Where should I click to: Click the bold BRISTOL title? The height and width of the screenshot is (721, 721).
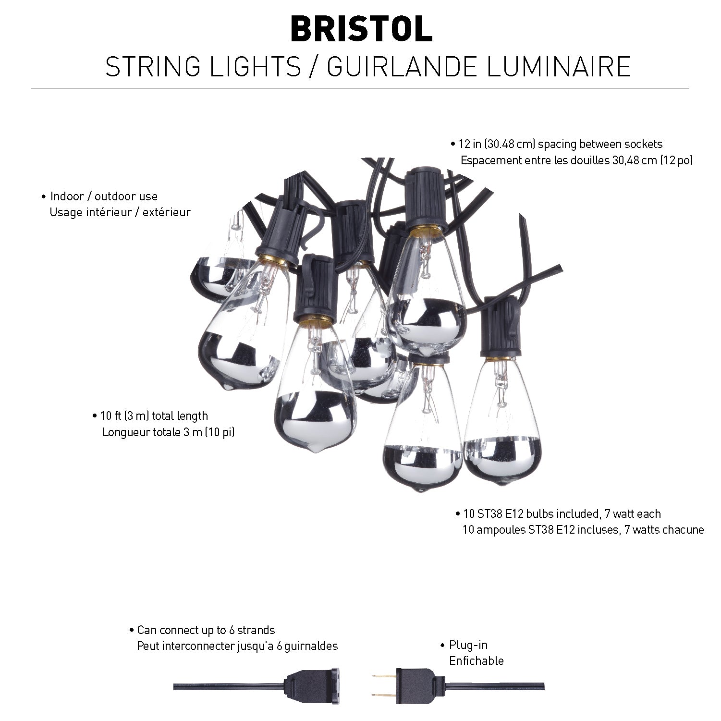(x=361, y=29)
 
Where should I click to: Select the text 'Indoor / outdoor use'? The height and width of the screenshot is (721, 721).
(x=104, y=196)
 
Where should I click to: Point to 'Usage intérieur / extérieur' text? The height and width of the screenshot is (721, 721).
(x=120, y=212)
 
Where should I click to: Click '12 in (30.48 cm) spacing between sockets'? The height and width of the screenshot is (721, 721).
(x=561, y=144)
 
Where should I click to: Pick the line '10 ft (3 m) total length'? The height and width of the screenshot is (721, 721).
(x=154, y=416)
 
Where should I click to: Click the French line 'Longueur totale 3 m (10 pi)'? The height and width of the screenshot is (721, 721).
(x=169, y=432)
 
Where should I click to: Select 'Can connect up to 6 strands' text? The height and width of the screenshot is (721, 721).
(x=206, y=630)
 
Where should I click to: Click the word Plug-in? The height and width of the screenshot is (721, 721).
(x=468, y=645)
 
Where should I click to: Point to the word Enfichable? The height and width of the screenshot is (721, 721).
(x=477, y=661)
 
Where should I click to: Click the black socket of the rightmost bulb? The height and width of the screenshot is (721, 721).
(x=501, y=327)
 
